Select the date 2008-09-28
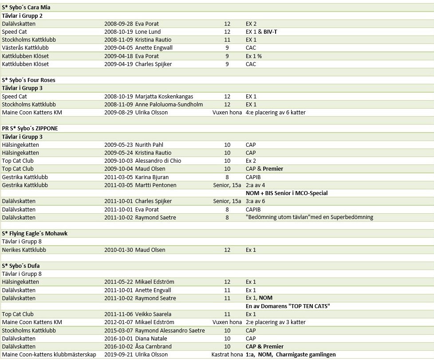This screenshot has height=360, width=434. click(118, 23)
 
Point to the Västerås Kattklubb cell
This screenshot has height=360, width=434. click(25, 47)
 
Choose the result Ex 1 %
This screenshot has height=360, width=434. click(253, 56)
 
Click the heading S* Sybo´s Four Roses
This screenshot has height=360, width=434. click(28, 80)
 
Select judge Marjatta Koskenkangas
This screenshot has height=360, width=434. click(164, 96)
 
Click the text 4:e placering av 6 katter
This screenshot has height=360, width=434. click(275, 113)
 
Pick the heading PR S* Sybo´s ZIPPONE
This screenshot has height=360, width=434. click(30, 129)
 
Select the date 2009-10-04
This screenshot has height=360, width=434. click(118, 169)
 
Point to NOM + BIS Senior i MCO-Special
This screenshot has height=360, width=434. click(287, 193)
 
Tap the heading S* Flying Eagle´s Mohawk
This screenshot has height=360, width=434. click(35, 233)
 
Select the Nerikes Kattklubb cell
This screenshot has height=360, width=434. click(24, 250)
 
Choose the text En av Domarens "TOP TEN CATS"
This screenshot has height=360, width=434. click(288, 306)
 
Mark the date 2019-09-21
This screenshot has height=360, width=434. click(118, 355)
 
